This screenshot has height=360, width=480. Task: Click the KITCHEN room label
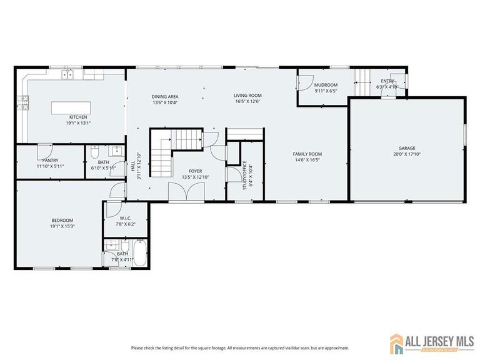(x=78, y=117)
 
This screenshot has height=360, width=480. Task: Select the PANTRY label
(x=51, y=161)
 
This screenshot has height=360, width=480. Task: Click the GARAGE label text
(x=407, y=148)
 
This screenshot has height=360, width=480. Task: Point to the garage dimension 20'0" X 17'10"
(x=407, y=154)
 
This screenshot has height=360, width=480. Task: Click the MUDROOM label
(x=326, y=85)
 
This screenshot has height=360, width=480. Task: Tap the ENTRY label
(x=387, y=81)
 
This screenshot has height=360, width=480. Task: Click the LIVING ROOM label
(x=247, y=96)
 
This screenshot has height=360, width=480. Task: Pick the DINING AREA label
(x=165, y=96)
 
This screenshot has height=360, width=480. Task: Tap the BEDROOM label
(x=62, y=220)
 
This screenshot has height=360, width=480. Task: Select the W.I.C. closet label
(x=125, y=218)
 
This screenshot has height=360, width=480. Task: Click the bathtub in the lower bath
(x=139, y=254)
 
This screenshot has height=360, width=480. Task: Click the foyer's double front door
(x=186, y=192)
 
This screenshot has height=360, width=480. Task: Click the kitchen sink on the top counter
(x=66, y=75)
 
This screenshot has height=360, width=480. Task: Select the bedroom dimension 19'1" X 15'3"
(x=62, y=226)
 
